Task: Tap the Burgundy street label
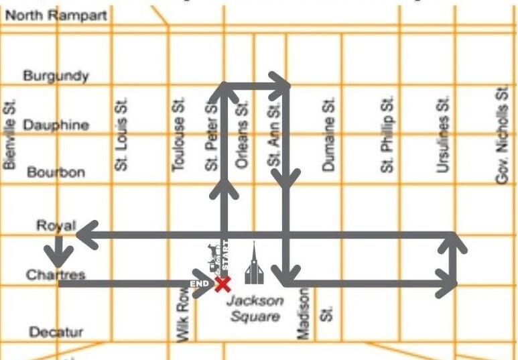(56, 76)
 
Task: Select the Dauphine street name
(56, 125)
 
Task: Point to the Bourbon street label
(56, 172)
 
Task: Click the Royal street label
(56, 225)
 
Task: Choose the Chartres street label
(56, 275)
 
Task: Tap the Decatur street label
(56, 332)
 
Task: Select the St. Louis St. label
(121, 133)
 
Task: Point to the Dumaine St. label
(328, 135)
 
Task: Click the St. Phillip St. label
(387, 134)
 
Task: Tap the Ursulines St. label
(442, 135)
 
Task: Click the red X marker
(221, 284)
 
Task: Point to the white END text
(200, 285)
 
